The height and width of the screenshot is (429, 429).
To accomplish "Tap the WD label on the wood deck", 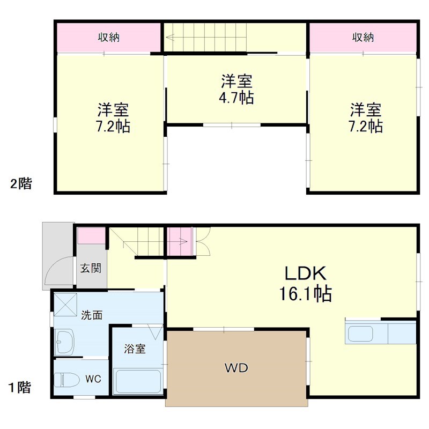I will pyautogui.click(x=236, y=368).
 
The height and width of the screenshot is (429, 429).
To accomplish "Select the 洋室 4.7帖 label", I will pyautogui.click(x=236, y=90).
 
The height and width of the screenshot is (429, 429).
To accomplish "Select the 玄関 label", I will pyautogui.click(x=91, y=269).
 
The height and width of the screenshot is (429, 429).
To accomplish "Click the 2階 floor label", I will pyautogui.click(x=21, y=184).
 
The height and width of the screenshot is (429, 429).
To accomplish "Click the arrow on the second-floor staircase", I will pyautogui.click(x=172, y=38).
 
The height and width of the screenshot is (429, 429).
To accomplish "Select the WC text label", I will pyautogui.click(x=94, y=379).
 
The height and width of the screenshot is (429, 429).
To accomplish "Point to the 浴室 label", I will pyautogui.click(x=135, y=349).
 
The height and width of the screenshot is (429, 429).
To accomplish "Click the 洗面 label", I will pyautogui.click(x=92, y=315).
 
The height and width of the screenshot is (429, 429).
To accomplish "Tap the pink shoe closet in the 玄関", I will pyautogui.click(x=92, y=236).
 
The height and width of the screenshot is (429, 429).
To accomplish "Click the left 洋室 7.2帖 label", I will pyautogui.click(x=113, y=119).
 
